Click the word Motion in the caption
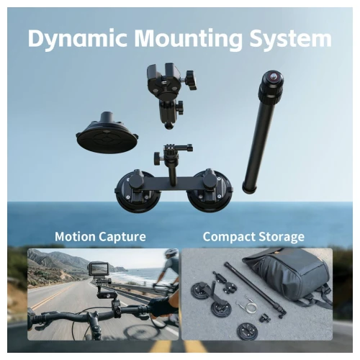[x=75, y=236]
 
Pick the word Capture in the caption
[x=122, y=238]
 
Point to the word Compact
[x=226, y=237]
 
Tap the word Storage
[x=279, y=238]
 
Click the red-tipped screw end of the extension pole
[x=273, y=76]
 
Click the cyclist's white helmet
[x=171, y=253]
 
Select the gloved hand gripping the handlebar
[x=160, y=306]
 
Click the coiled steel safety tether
[x=248, y=305]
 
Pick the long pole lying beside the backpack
[x=255, y=290]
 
